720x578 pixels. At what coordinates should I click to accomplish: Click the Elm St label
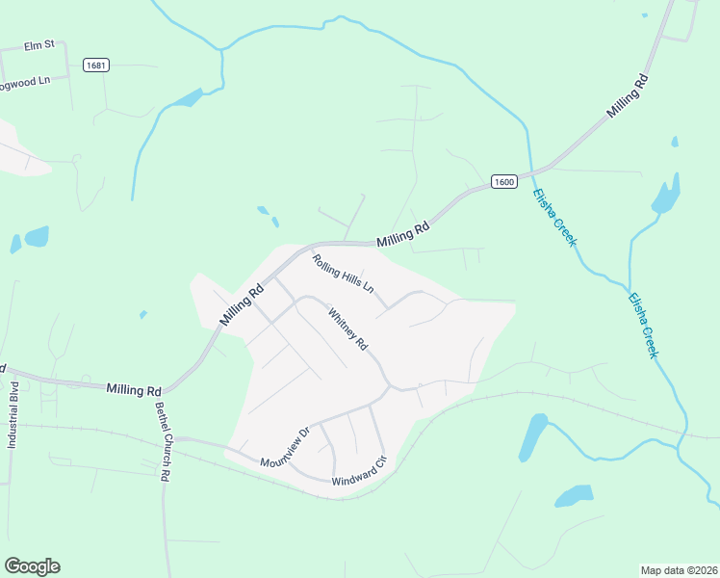(x=40, y=44)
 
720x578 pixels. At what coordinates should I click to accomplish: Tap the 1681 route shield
(x=95, y=66)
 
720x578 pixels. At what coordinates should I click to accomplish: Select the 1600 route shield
(x=504, y=181)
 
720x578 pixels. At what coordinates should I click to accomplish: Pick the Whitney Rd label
(x=348, y=328)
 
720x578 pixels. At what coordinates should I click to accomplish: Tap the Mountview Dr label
(x=283, y=448)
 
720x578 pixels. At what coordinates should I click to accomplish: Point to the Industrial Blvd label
(x=13, y=416)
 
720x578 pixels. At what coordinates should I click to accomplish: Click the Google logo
(x=32, y=566)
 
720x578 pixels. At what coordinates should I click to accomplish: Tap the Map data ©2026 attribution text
(x=680, y=570)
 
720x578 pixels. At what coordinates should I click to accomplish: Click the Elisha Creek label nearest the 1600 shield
(x=554, y=217)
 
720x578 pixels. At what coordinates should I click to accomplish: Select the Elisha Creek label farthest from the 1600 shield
(x=643, y=327)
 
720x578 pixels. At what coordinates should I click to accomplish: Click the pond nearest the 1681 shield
(x=188, y=98)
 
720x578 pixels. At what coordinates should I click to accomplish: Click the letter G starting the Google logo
(x=13, y=565)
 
